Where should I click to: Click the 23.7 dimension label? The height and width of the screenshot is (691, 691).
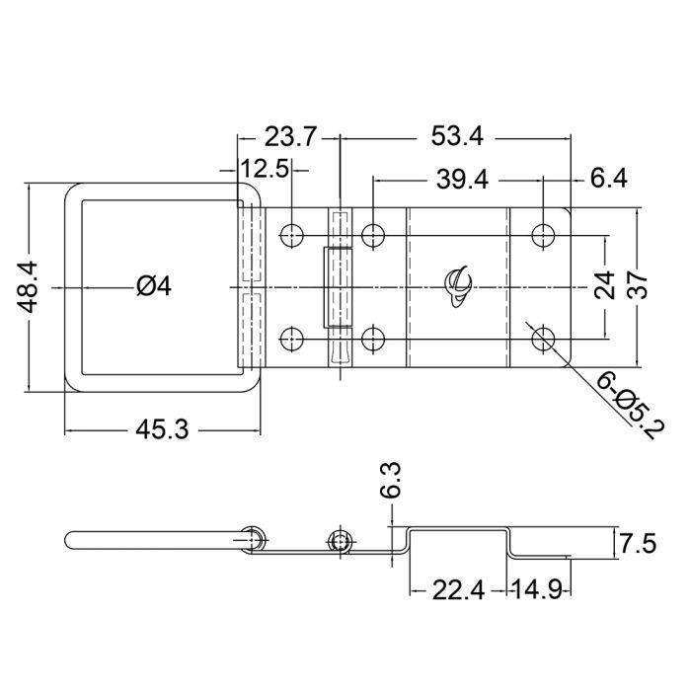(x=290, y=136)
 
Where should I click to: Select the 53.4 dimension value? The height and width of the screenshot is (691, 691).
(x=456, y=136)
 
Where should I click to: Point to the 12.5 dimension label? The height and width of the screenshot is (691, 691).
(x=265, y=169)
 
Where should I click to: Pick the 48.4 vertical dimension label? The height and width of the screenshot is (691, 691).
(x=31, y=287)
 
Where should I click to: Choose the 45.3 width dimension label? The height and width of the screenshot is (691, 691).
(x=163, y=429)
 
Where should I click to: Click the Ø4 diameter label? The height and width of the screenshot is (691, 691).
(x=154, y=286)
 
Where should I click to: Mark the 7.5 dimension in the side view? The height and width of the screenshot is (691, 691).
(x=638, y=544)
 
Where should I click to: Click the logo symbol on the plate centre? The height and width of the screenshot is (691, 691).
(x=459, y=284)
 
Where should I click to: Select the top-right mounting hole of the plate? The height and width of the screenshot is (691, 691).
(x=542, y=235)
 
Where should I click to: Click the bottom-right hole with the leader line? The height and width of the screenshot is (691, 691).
(x=542, y=340)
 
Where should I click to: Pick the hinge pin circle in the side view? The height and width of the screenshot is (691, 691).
(x=342, y=541)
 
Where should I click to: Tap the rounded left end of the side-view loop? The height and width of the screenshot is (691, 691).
(x=71, y=540)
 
